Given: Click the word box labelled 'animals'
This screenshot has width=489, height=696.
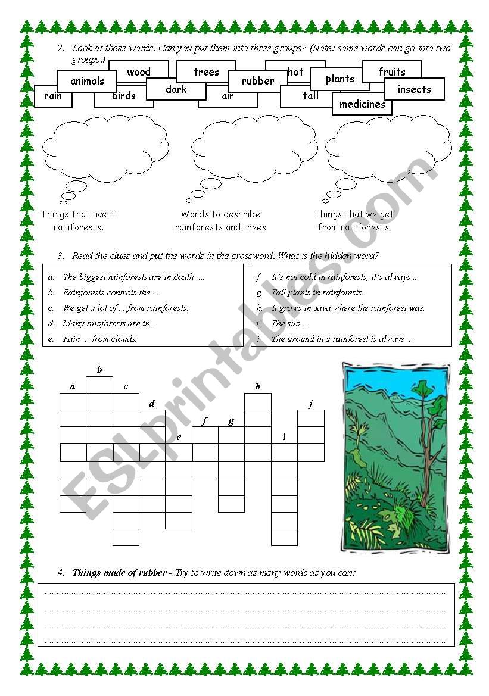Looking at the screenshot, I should click(x=87, y=81).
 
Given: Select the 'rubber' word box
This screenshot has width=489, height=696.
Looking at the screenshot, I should click(x=258, y=81).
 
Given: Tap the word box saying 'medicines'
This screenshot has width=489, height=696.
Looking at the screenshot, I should click(x=362, y=104).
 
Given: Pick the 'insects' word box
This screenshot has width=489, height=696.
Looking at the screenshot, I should click(x=414, y=89).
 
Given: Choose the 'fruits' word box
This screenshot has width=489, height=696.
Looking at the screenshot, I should click(x=392, y=71).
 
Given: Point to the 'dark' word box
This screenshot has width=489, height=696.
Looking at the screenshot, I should click(x=176, y=89).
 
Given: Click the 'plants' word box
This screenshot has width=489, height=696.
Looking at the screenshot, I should click(x=340, y=79).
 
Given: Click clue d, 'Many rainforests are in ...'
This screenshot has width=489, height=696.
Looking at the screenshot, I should click(x=110, y=323).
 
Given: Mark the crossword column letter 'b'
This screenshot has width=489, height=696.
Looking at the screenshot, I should click(x=99, y=370).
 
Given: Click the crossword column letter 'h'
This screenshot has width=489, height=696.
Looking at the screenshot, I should click(x=258, y=386).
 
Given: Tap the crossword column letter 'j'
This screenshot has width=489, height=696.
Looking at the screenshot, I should click(x=310, y=404).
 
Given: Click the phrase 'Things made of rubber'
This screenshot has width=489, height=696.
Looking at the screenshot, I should click(x=119, y=573).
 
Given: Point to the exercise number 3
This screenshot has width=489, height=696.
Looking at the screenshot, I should click(x=61, y=256).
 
